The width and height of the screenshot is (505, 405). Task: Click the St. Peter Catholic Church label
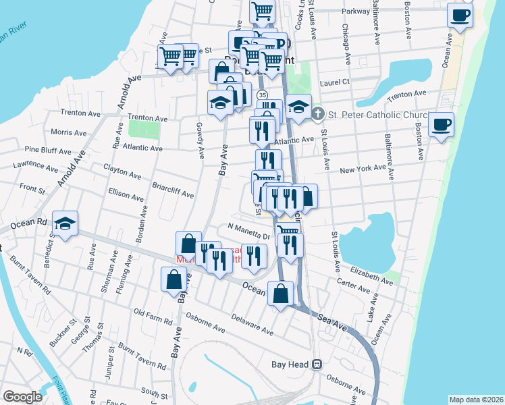(381, 115)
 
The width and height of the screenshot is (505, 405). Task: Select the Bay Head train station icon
(315, 364)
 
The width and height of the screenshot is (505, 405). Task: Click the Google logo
(22, 397)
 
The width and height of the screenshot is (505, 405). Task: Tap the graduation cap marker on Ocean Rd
(65, 224)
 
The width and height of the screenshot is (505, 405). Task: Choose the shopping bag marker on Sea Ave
(280, 294)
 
